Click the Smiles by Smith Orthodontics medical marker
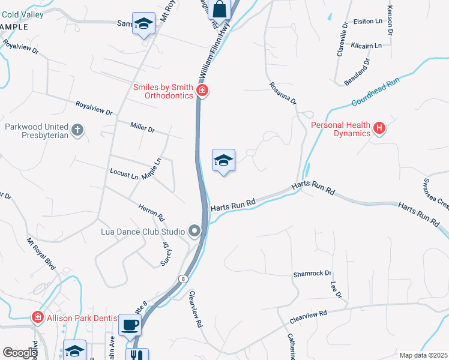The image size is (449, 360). point(202,91)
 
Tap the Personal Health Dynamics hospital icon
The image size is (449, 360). point(379,127)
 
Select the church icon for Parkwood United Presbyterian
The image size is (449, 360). point(77,130)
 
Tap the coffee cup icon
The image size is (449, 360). point(130,325)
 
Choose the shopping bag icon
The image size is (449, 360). point(220,9)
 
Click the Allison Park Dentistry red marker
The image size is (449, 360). point(37,316)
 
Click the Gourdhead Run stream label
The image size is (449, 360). point(375,93)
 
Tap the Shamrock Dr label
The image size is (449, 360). point(312,274)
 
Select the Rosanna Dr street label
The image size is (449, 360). point(283,94)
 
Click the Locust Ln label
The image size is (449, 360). point(124,173)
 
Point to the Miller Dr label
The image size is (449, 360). point(142,127)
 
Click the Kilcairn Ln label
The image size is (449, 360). point(366,46)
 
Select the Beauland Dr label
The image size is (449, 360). point(357,71)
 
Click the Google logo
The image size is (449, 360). point(19,353)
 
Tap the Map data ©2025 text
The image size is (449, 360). point(423,355)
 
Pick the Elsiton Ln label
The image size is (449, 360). point(367,21)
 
